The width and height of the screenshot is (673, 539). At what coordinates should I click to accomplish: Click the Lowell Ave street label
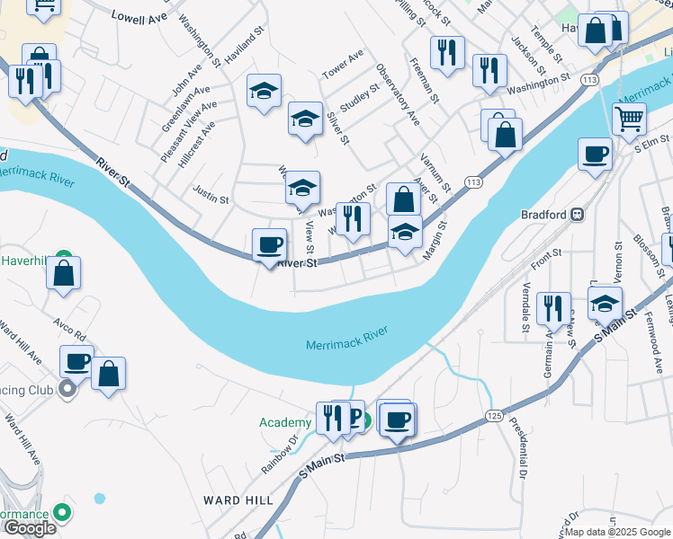point(140,16)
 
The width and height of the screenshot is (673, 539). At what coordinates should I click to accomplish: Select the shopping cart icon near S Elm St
point(629,119)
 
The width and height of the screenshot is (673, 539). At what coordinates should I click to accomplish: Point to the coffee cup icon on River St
point(269,245)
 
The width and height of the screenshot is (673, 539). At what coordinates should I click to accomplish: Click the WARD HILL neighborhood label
point(234,500)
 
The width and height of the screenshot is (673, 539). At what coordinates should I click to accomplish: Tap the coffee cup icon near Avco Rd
point(76,362)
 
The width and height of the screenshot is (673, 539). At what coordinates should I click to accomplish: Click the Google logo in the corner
point(30,528)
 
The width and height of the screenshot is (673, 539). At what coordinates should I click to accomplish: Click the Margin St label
point(434,238)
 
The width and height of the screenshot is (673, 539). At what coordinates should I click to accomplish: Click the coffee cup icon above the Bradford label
point(594,155)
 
